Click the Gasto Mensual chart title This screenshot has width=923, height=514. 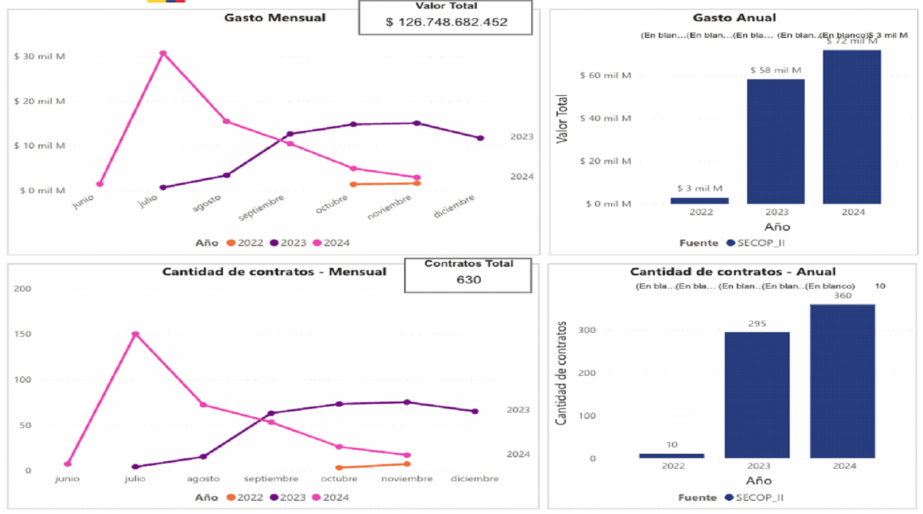point(275,18)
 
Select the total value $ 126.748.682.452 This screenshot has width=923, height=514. point(446,22)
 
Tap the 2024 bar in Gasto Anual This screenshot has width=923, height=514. point(851,127)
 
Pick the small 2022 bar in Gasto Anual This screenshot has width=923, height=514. point(699,201)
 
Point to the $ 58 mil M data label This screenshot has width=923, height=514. point(775,71)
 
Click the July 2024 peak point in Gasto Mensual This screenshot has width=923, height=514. point(163,53)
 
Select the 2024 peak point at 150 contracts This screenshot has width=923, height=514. point(136,334)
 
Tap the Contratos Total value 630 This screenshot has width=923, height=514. point(469,280)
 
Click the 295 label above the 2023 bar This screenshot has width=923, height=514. point(757,324)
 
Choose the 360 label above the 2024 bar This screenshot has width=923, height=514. point(843,296)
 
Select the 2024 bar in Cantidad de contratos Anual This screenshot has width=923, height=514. point(842,381)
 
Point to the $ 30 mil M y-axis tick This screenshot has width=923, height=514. point(40,56)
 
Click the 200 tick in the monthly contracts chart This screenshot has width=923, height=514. point(22,289)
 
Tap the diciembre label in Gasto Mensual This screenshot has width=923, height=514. point(454,206)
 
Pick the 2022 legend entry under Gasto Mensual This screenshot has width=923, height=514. point(245,243)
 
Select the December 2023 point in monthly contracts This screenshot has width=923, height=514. point(475,411)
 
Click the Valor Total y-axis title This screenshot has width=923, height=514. point(562,119)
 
